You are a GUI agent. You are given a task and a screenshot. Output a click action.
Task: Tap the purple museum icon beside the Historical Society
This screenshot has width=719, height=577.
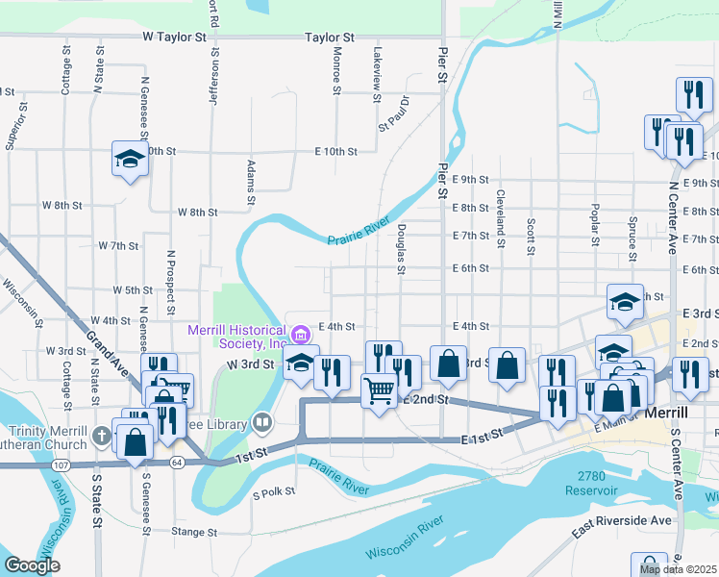(x=301, y=335)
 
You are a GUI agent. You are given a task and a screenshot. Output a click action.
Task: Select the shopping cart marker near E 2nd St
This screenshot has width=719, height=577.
(x=379, y=389)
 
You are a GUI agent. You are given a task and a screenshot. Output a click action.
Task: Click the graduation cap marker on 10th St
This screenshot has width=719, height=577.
(x=129, y=159)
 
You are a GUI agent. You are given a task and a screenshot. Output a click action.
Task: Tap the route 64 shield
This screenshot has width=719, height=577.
(x=178, y=463)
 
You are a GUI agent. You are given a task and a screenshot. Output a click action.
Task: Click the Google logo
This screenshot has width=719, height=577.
(x=32, y=566)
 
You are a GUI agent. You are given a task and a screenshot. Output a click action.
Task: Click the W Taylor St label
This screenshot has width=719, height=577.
(x=174, y=38)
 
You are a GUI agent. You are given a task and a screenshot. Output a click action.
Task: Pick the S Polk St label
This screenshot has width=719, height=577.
(x=274, y=493)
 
